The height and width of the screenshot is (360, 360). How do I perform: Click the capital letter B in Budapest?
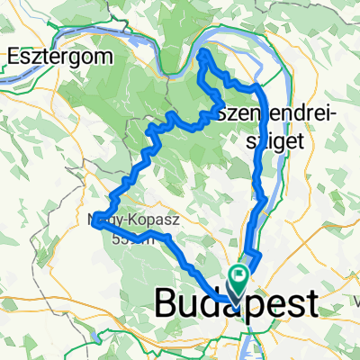coord(167,302)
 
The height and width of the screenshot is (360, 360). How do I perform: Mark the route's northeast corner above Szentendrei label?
coord(259,87)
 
